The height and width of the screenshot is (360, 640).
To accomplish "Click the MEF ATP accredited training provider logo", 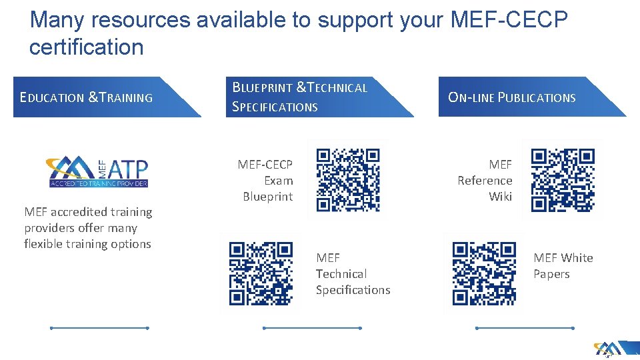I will [x=97, y=172].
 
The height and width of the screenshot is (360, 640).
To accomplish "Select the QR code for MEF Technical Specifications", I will [x=261, y=273].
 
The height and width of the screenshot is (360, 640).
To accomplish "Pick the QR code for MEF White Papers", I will [x=484, y=273].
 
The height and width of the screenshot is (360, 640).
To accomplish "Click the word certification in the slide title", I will [x=86, y=47].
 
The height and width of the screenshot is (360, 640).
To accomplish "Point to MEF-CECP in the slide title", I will [x=509, y=20].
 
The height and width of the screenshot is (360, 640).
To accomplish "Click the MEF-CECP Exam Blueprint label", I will [x=267, y=180].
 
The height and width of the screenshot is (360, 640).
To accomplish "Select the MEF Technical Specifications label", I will [x=353, y=273].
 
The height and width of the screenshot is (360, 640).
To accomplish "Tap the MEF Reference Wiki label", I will [x=485, y=180].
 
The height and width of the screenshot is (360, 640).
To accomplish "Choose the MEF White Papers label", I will [x=563, y=265].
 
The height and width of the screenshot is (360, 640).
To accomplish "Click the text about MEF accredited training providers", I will [x=88, y=228].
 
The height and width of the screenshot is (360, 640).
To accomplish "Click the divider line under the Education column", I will [x=99, y=328].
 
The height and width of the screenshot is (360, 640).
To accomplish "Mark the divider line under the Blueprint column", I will [x=312, y=328].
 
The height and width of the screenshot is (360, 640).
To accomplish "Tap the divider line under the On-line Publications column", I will [x=525, y=328].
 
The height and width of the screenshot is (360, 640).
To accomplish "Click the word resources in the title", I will [x=141, y=20].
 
